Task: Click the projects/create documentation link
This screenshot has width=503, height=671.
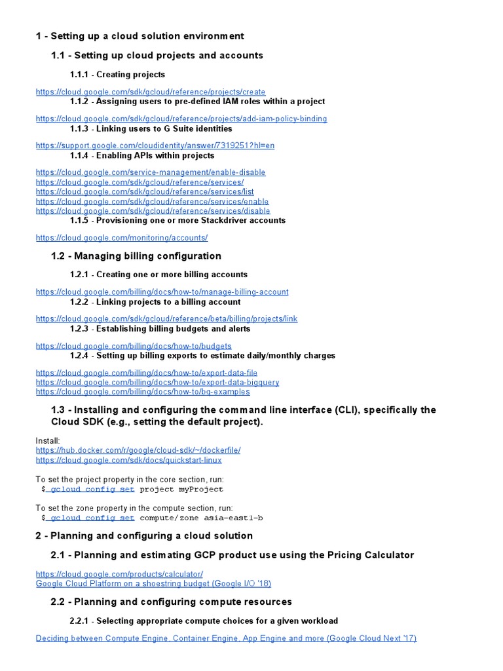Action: pos(151,92)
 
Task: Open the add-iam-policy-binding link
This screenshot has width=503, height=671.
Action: pos(181,119)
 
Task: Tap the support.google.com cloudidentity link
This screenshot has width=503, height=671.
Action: pos(155,145)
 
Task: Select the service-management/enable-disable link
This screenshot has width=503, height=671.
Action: pos(151,172)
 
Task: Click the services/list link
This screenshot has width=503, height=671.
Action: pos(145,192)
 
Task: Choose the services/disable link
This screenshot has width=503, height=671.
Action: pos(153,211)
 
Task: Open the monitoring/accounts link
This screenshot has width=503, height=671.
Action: pos(122,238)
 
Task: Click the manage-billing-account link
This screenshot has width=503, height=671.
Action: pos(162,292)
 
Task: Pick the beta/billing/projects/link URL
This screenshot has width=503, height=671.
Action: pos(166,318)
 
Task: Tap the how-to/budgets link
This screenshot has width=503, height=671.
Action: pos(134,345)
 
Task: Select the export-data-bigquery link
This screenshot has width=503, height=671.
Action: pos(157,382)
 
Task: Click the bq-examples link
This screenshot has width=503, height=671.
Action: pos(143,392)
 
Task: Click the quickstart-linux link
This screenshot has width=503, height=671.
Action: pos(128,460)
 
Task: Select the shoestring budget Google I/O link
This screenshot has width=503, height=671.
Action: pos(153,583)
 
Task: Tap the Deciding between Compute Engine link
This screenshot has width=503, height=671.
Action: pos(226,638)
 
